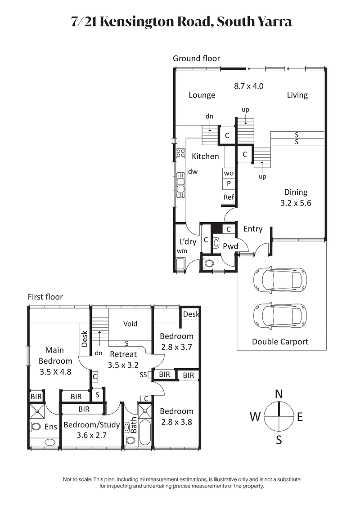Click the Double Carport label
[280, 342]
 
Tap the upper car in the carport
[279, 280]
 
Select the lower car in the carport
[279, 314]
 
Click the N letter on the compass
[279, 394]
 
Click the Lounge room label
[202, 95]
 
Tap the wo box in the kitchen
[229, 173]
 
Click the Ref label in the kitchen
[229, 197]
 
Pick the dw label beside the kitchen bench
[193, 171]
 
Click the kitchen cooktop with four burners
[181, 153]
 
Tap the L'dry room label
[187, 242]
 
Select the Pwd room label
[230, 246]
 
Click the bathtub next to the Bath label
[145, 432]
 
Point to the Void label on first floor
[130, 324]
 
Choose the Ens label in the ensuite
[51, 427]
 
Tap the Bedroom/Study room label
[91, 425]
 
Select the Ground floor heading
[196, 58]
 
